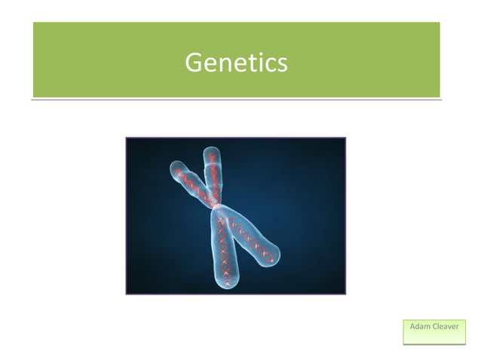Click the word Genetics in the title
click(x=236, y=62)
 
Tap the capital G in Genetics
click(x=193, y=62)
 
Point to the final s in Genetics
click(x=281, y=64)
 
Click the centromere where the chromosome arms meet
click(x=217, y=205)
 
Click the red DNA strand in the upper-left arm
click(x=191, y=181)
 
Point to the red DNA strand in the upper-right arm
click(x=216, y=175)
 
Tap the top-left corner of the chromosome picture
click(x=127, y=139)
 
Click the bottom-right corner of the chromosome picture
click(x=345, y=293)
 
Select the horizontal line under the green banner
click(x=236, y=99)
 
